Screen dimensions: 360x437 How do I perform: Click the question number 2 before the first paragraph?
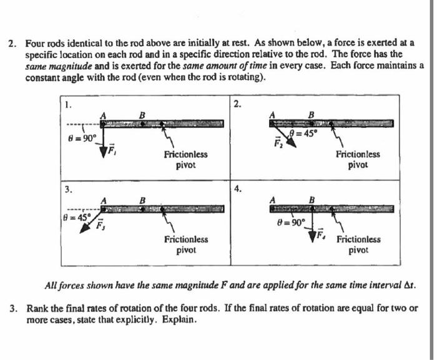pyautogui.click(x=11, y=44)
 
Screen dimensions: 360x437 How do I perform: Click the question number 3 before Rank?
pyautogui.click(x=12, y=308)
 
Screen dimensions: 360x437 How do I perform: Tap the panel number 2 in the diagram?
pyautogui.click(x=235, y=104)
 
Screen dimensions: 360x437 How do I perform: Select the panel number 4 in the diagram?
pyautogui.click(x=236, y=188)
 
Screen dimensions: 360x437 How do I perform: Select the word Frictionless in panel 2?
pyautogui.click(x=357, y=154)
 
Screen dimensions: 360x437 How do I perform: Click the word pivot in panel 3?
pyautogui.click(x=186, y=250)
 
